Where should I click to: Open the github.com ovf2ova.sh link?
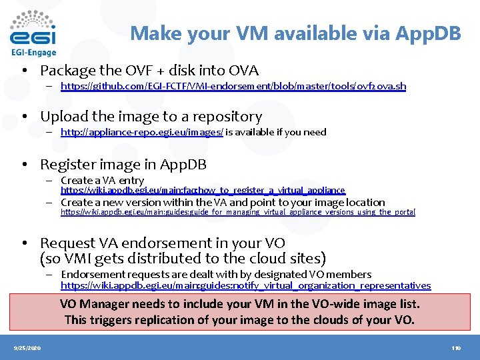point(233,86)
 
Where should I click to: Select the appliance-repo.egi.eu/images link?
point(141,132)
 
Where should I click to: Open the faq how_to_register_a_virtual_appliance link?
point(203,190)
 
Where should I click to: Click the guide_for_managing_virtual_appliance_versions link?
point(238,212)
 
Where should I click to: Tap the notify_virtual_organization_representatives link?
point(245,285)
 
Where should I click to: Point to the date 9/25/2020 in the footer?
point(27,348)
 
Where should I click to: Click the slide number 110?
point(456,348)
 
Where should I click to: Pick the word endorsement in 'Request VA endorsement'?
point(170,243)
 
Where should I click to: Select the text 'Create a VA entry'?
point(102,180)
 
